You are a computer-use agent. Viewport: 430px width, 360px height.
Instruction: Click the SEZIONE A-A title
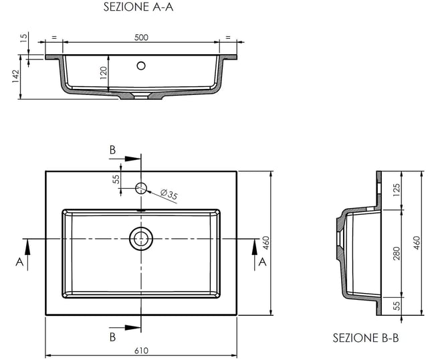click(x=138, y=7)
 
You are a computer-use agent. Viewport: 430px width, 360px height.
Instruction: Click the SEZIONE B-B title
click(x=366, y=338)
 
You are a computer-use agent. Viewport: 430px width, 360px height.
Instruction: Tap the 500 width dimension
click(x=141, y=37)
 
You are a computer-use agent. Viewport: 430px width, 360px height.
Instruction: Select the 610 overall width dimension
click(x=142, y=351)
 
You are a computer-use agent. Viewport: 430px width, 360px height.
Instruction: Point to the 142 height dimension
click(x=15, y=76)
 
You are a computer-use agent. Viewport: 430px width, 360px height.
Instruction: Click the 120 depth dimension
click(x=104, y=73)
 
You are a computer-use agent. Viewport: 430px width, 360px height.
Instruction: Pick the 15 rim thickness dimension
click(x=24, y=37)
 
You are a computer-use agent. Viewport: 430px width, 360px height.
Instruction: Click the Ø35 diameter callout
click(x=169, y=194)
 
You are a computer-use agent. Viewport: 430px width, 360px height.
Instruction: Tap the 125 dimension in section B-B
click(x=397, y=190)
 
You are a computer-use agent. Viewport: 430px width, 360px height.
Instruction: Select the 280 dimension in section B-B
click(x=397, y=254)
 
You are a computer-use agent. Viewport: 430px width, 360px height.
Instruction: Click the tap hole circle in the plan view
click(x=141, y=188)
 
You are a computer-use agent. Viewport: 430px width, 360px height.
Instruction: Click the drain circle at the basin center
click(x=141, y=239)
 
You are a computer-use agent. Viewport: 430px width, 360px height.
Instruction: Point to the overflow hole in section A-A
click(x=141, y=66)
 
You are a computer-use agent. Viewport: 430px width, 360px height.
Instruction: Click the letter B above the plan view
click(x=113, y=150)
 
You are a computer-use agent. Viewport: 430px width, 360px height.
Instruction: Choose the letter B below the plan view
click(x=113, y=337)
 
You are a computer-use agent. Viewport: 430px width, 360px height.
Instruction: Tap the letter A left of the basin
click(x=19, y=262)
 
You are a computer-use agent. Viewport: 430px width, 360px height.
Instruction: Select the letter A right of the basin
click(x=262, y=262)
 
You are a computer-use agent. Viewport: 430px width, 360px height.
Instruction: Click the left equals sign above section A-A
click(x=54, y=37)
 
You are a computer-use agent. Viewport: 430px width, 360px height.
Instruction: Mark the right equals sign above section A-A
click(x=228, y=37)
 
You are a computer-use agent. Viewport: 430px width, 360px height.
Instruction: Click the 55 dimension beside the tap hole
click(x=116, y=179)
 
